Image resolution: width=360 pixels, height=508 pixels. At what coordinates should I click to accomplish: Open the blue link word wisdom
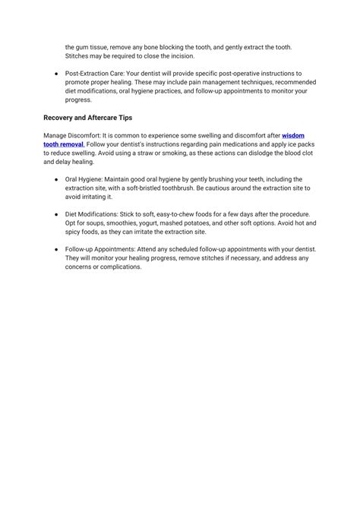(x=294, y=135)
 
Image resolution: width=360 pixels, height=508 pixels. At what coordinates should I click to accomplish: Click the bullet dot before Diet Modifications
(x=57, y=214)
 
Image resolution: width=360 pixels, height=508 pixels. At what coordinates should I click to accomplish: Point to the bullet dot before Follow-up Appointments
(x=57, y=249)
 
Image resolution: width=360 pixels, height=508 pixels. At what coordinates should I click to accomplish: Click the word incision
(x=178, y=55)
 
